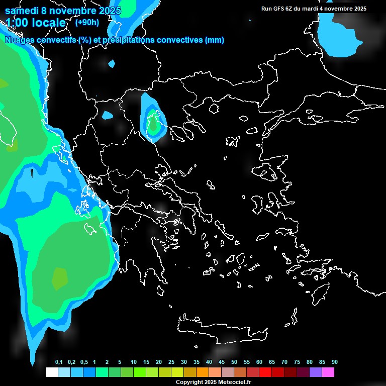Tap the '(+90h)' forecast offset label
(86, 22)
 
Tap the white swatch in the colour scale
(51, 372)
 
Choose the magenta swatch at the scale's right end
(328, 372)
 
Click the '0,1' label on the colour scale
(59, 362)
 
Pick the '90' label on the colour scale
(335, 362)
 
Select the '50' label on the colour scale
(234, 362)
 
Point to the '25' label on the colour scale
(171, 362)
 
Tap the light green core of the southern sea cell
(60, 277)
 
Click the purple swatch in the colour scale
(316, 372)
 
